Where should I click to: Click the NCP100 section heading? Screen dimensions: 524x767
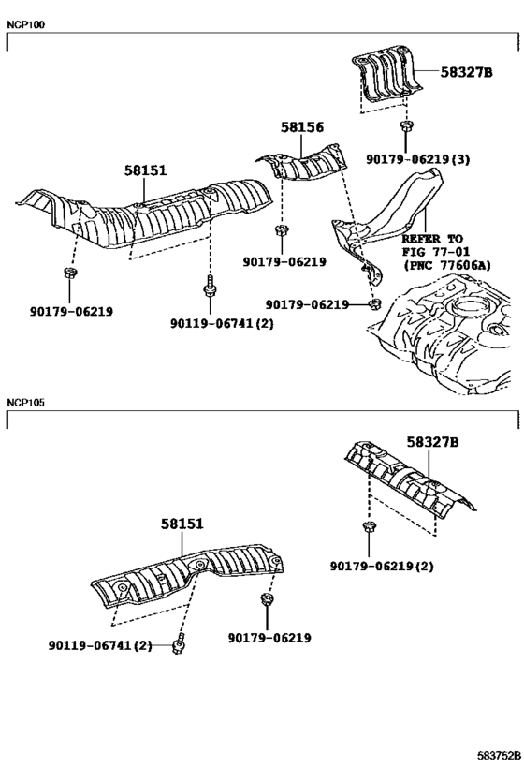[25, 24]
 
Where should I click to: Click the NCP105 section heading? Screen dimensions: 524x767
[25, 402]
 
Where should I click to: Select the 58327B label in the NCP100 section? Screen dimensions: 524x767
[466, 72]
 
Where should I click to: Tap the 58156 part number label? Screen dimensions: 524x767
[302, 127]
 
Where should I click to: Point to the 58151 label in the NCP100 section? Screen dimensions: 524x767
[145, 170]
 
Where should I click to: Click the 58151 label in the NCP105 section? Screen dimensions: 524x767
[182, 524]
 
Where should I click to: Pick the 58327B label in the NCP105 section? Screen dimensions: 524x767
[433, 442]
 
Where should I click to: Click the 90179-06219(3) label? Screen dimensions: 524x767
[418, 159]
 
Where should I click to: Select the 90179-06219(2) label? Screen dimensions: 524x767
[382, 566]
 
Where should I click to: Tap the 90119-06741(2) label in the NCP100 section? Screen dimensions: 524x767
[222, 323]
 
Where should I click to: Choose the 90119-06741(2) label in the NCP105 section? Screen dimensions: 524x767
[100, 645]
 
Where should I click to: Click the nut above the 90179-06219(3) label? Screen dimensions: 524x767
[405, 126]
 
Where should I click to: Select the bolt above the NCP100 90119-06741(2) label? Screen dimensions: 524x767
[210, 286]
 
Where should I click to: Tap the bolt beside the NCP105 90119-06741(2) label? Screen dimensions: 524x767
[180, 643]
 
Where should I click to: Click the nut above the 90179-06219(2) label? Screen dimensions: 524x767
[368, 527]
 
